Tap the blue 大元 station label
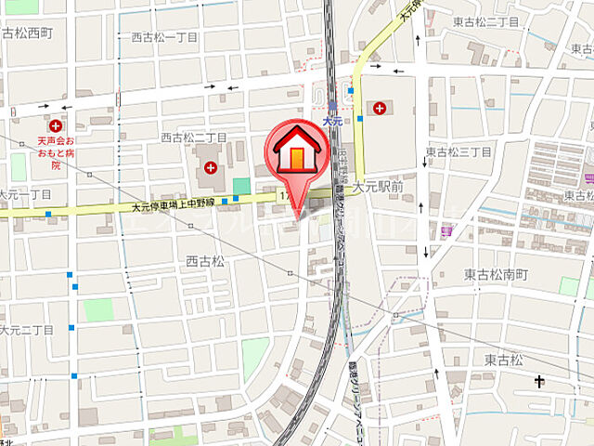(x=333, y=121)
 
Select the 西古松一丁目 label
(x=164, y=37)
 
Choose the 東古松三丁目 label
(x=458, y=151)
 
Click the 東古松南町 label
(x=496, y=275)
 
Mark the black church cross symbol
(x=539, y=381)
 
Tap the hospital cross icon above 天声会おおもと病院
(x=56, y=125)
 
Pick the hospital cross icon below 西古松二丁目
(x=211, y=168)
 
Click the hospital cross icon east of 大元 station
(x=380, y=108)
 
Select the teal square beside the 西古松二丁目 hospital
(x=241, y=186)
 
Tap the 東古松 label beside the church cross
(x=501, y=359)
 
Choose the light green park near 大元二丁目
(x=97, y=309)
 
